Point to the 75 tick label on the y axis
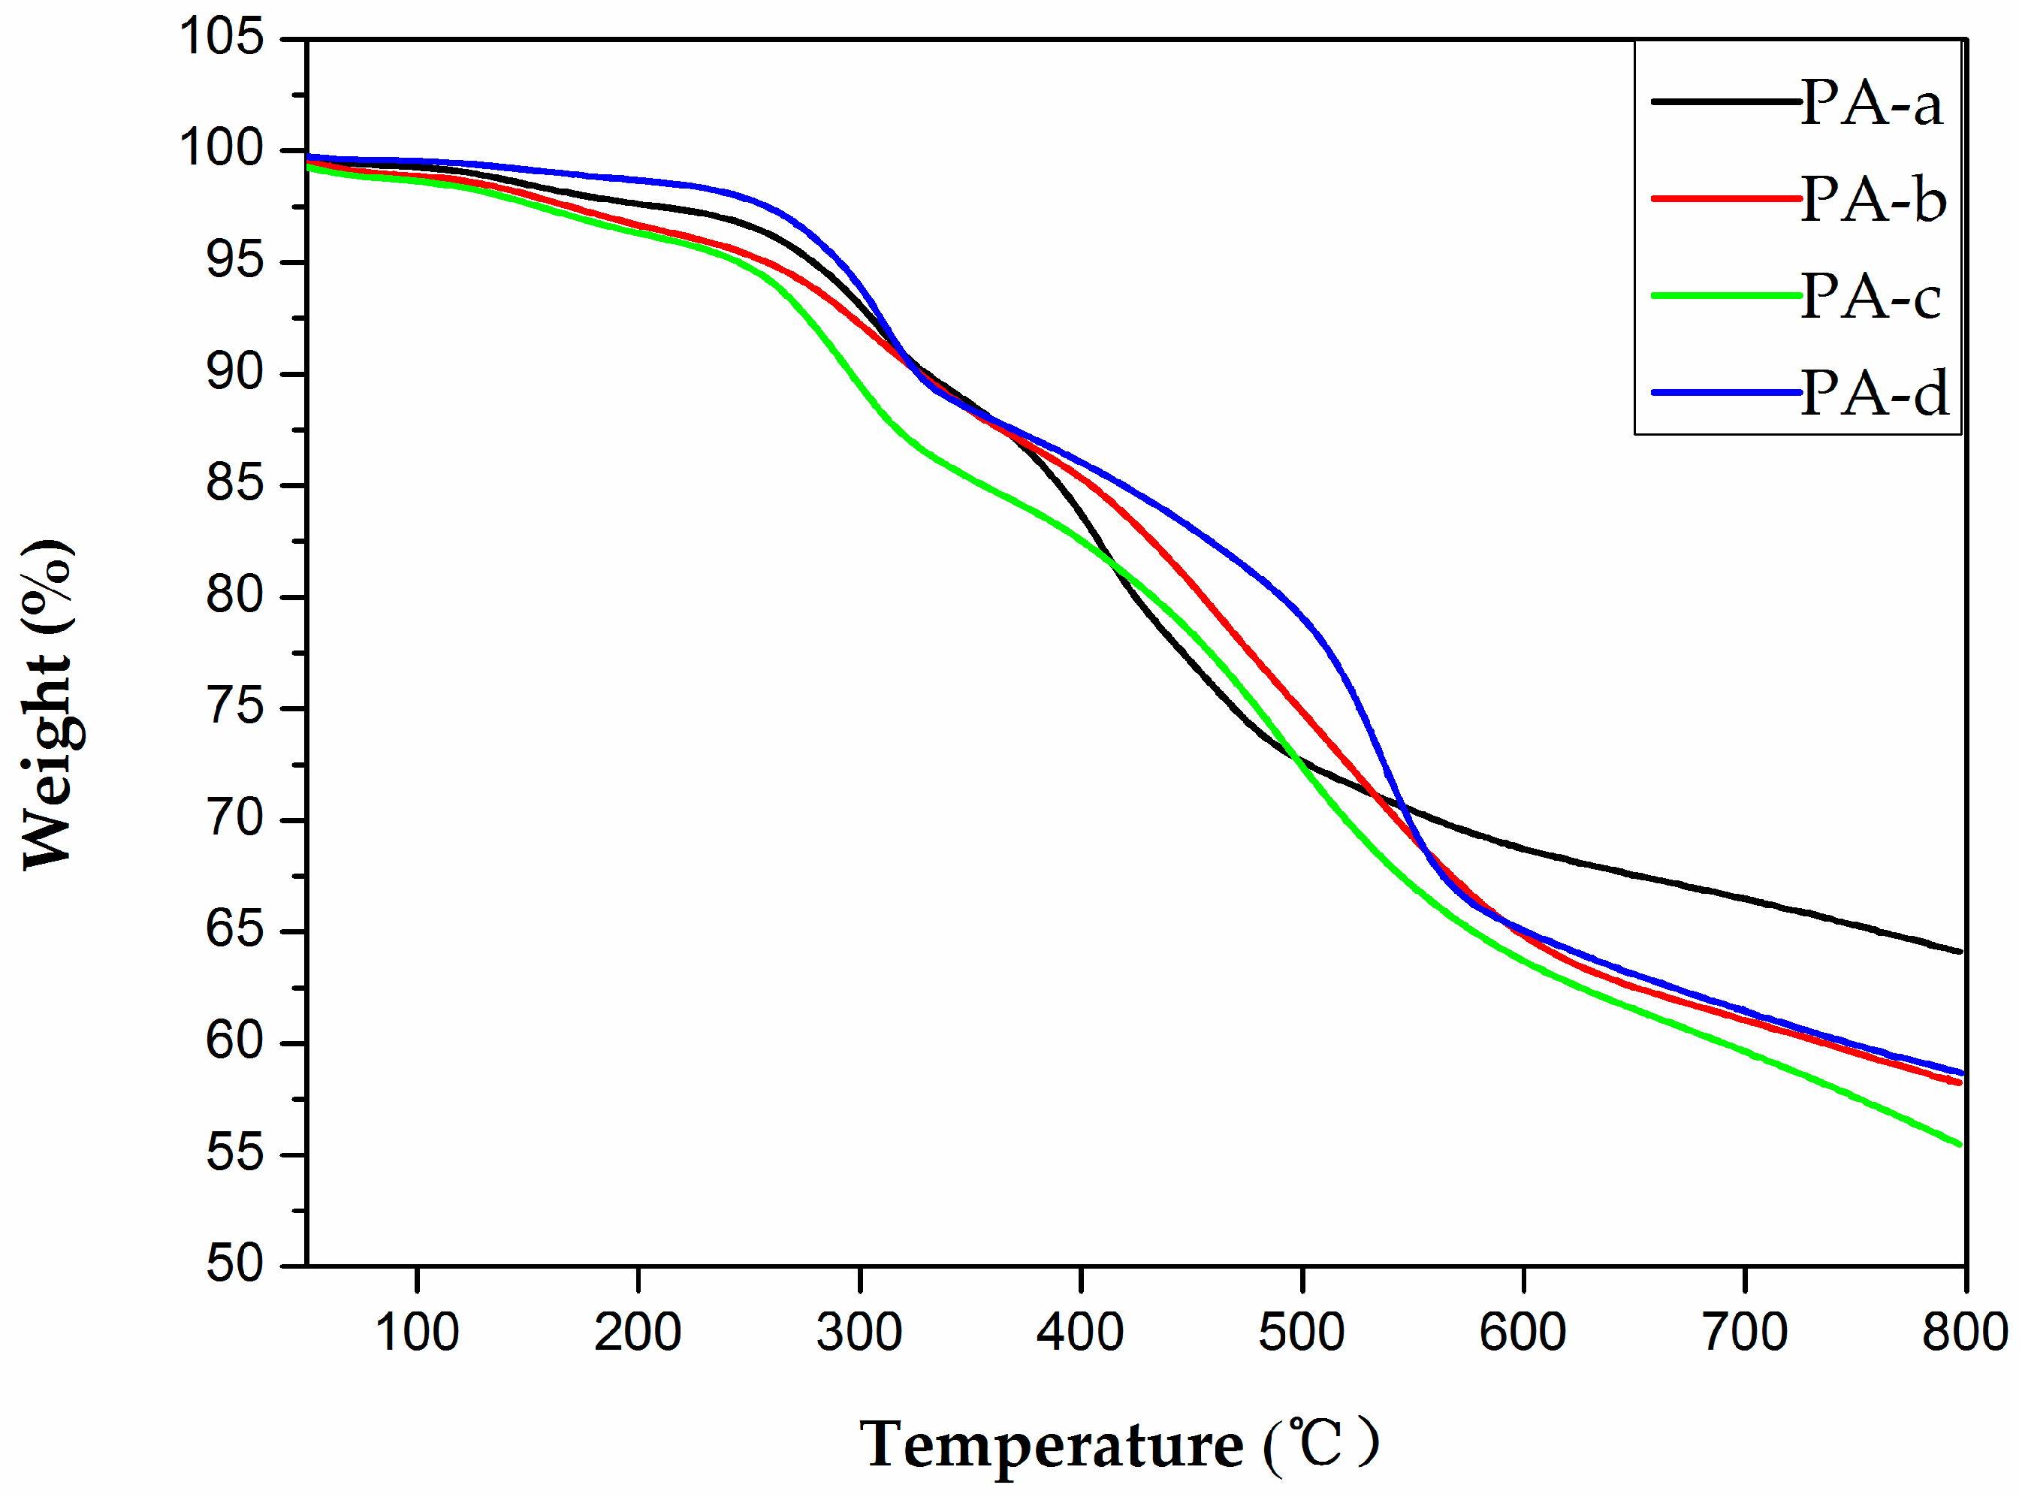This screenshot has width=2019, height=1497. (x=234, y=707)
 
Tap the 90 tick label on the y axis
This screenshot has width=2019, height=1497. (x=234, y=373)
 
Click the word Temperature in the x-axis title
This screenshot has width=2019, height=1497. (x=1051, y=1444)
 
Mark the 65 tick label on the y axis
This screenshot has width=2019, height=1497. (x=234, y=930)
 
